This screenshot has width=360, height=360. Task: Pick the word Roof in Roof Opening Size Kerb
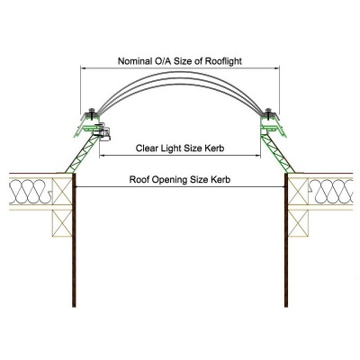[139, 180]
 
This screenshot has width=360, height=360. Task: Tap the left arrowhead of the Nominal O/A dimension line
[83, 68]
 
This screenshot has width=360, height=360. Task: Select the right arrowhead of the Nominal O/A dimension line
[277, 68]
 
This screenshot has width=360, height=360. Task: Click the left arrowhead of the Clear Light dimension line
[102, 156]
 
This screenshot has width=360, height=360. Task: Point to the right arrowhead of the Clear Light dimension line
[258, 156]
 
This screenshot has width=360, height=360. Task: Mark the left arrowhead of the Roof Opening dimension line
[77, 187]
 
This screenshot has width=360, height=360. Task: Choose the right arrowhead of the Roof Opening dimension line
[283, 187]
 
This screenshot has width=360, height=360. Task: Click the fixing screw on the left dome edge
[92, 112]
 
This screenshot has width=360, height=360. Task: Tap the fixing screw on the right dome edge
[269, 112]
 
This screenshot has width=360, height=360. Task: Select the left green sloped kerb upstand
[82, 155]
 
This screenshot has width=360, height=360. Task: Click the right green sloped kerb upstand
[278, 155]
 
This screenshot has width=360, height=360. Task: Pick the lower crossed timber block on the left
[62, 223]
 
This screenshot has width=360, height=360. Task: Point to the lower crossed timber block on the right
[298, 223]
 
